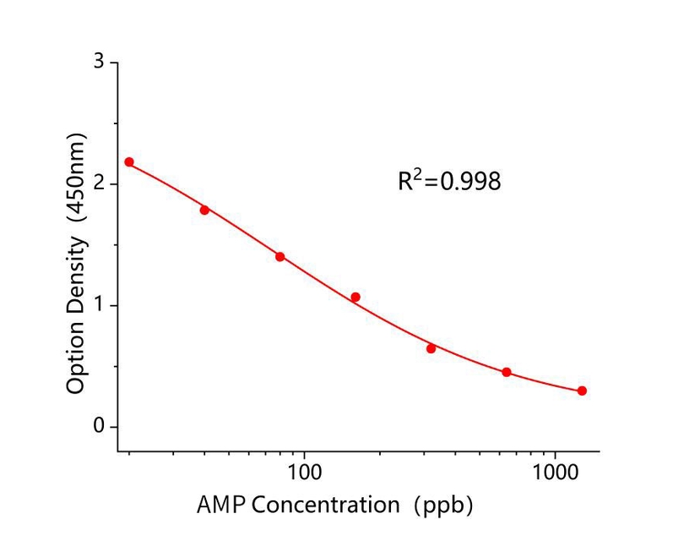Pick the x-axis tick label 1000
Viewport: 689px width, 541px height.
556,468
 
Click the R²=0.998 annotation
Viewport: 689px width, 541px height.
449,181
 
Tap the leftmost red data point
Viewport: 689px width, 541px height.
129,161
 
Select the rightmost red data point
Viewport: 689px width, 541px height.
582,391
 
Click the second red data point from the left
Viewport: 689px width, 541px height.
204,210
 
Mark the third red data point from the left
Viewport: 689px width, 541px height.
279,256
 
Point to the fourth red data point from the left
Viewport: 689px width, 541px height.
355,297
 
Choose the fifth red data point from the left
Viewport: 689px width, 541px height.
431,348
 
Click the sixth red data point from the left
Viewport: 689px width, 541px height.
507,372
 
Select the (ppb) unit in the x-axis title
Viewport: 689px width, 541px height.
442,505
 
